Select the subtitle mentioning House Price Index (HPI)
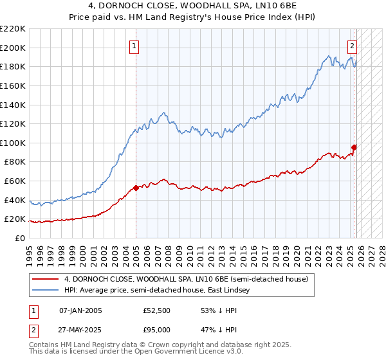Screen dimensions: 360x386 pos(192,17)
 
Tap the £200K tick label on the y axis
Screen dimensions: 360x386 pos(13,48)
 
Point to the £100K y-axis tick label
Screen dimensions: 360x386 pos(13,143)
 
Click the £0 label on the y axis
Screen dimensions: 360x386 pos(21,238)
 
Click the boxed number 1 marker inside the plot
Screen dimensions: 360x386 pos(134,46)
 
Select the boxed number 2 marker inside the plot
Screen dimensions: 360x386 pos(353,46)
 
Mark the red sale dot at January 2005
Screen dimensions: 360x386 pos(136,188)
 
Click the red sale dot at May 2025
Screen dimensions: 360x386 pos(354,147)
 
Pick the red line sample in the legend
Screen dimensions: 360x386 pos(45,279)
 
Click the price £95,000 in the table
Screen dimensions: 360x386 pos(156,328)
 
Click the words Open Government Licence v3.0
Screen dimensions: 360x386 pos(196,353)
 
